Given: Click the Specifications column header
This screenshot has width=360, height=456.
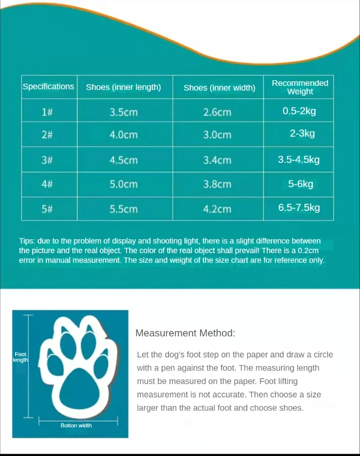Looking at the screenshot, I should (x=48, y=86).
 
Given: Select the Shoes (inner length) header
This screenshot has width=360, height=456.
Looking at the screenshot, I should (x=123, y=87).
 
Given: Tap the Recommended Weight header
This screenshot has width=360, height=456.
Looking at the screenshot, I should (x=300, y=87).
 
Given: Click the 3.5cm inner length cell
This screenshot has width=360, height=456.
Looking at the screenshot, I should (x=123, y=112).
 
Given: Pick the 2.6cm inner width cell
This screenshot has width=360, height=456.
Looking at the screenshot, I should (x=217, y=112).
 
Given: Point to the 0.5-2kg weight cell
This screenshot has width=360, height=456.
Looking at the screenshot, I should (x=299, y=111).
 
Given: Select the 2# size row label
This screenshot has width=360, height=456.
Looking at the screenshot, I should (x=47, y=135).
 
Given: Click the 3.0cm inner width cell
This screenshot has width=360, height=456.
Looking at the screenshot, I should (x=217, y=135).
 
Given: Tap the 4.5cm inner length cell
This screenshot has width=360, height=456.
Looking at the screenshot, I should (x=123, y=160).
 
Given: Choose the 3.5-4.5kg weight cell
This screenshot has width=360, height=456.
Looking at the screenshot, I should (x=299, y=160).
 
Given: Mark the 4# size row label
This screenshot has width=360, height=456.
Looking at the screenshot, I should (x=47, y=184).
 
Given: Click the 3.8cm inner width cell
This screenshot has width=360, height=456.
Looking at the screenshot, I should (x=217, y=184).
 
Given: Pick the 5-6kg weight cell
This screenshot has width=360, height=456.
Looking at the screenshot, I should (x=301, y=183).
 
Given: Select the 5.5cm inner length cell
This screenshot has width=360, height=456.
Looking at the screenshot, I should (x=123, y=209).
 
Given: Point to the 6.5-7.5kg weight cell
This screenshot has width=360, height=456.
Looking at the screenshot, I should (x=299, y=208).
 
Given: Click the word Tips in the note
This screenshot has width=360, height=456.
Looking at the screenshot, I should (x=27, y=241).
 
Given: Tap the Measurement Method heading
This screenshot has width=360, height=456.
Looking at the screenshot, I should (x=185, y=333).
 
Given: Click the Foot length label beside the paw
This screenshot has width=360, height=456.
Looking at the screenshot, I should (x=20, y=357).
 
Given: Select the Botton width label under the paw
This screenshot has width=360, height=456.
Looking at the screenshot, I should (x=76, y=425).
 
